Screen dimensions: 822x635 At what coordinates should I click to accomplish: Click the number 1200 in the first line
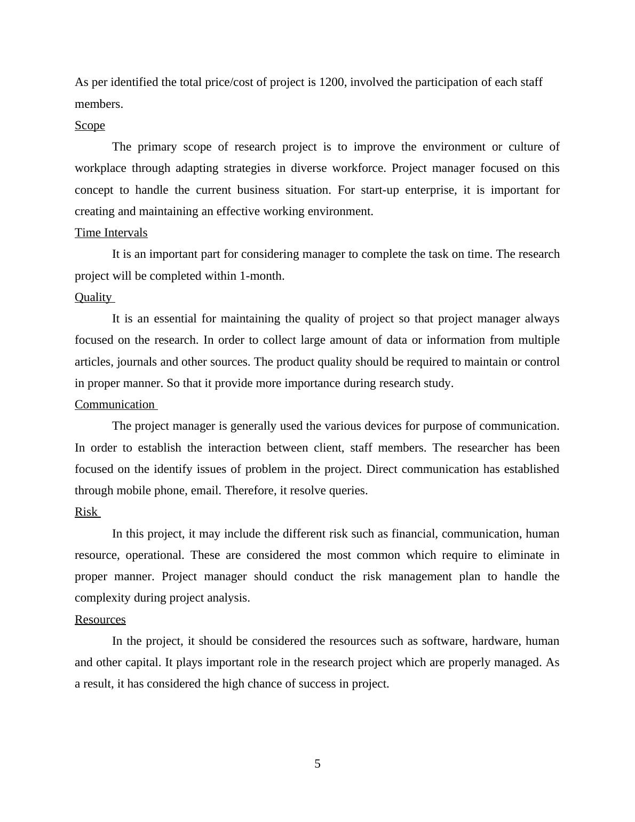coord(331,82)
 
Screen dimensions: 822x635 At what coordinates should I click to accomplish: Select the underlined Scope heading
coord(90,125)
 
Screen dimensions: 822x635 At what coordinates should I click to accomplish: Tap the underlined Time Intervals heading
coord(111,233)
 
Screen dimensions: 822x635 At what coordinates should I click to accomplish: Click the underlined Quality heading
coord(93,297)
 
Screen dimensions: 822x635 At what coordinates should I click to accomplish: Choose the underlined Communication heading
coord(115,405)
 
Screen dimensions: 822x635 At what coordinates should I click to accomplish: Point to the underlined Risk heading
coord(86,512)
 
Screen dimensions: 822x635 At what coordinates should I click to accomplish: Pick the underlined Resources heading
coord(100,620)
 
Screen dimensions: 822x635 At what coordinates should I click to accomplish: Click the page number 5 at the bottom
coord(317,764)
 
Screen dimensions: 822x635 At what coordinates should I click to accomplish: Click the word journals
coord(137,362)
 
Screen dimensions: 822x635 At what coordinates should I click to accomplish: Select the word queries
coord(347,491)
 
